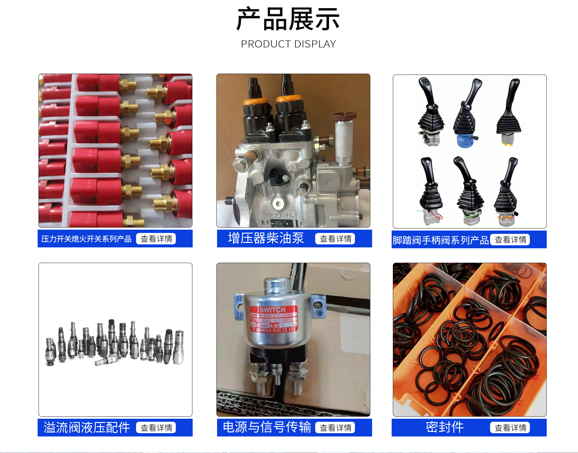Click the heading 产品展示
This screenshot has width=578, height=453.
[288, 19]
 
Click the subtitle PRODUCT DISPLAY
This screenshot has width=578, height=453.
[288, 44]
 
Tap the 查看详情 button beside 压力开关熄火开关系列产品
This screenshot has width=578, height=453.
[156, 239]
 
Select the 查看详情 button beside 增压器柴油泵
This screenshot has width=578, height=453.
[335, 239]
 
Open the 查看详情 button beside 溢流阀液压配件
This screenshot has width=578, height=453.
[156, 428]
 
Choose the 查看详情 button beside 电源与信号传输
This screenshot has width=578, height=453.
[335, 428]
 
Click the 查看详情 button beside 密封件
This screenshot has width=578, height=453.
[510, 428]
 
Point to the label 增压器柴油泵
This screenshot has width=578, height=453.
[266, 238]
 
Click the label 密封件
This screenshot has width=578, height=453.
[445, 427]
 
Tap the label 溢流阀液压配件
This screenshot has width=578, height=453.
[87, 427]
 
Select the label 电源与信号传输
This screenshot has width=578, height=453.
[267, 427]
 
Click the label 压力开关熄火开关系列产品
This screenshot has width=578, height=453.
[86, 239]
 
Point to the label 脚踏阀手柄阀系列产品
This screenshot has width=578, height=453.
[440, 240]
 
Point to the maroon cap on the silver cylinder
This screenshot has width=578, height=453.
[344, 116]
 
